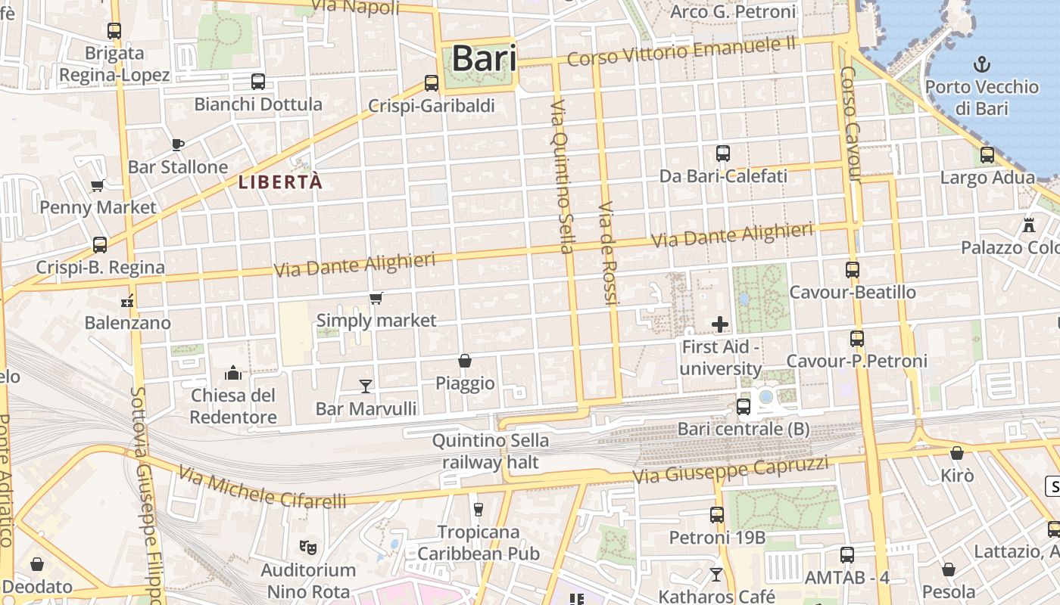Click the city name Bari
484,58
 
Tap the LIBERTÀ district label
280,181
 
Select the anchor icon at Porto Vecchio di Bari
981,64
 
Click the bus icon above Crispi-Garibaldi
432,82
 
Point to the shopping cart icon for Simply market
376,298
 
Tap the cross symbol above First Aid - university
720,324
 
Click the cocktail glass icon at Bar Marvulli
366,386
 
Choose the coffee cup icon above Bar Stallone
178,144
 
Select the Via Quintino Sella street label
563,175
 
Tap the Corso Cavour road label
850,125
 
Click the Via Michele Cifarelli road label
262,489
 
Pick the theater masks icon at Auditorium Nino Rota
307,546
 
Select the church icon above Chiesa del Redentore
232,372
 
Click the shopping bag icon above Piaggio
465,361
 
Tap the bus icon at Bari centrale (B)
744,407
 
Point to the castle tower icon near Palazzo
1028,225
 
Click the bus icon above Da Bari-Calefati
723,154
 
